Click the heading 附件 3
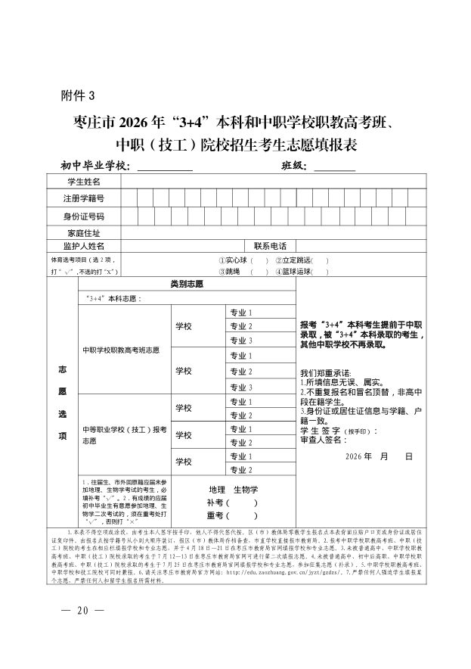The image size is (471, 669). tap(79, 95)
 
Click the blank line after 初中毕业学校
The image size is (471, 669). tap(164, 166)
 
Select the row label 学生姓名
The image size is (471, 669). tap(83, 182)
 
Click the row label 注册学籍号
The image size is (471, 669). tap(83, 198)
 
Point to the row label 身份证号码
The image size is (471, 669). tap(83, 216)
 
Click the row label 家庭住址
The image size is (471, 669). tap(83, 232)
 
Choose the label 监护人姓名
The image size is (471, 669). tap(83, 246)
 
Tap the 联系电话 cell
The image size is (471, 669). tap(270, 246)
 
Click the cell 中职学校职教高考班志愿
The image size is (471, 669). tap(121, 350)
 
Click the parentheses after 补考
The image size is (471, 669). tap(243, 503)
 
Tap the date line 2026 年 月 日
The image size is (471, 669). tap(378, 457)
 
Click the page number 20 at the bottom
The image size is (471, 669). tap(83, 611)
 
